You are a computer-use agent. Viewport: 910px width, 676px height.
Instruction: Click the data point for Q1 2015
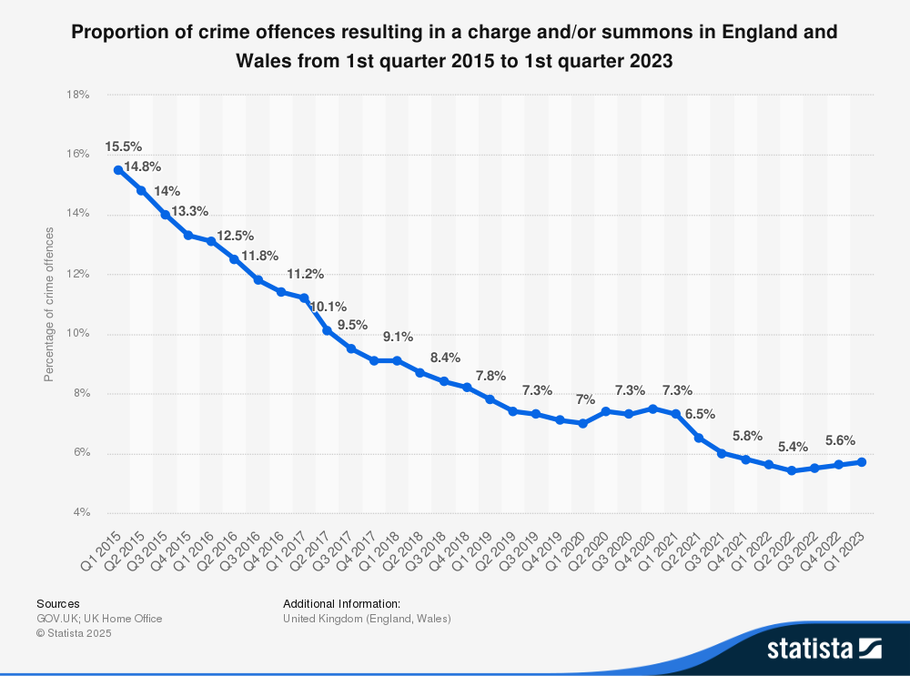[x=118, y=170]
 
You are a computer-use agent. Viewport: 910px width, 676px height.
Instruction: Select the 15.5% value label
[x=124, y=146]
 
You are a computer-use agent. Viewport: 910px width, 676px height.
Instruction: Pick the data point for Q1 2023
[x=862, y=462]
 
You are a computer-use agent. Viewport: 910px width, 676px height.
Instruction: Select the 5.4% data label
[x=792, y=448]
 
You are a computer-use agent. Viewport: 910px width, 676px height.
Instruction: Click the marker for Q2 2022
[x=792, y=471]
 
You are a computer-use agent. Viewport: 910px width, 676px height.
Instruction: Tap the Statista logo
[x=824, y=648]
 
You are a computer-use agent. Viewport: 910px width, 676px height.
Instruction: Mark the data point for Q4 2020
[x=652, y=409]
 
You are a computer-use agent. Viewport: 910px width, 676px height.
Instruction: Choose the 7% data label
[x=583, y=399]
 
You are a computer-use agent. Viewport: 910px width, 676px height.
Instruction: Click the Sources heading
[x=58, y=603]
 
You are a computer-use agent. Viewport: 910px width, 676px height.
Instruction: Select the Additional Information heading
[x=341, y=603]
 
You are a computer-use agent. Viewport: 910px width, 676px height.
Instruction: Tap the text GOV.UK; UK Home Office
[x=99, y=619]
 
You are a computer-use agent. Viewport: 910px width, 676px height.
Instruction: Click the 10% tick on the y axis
[x=79, y=334]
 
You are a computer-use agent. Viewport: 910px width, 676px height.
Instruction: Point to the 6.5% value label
[x=699, y=414]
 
